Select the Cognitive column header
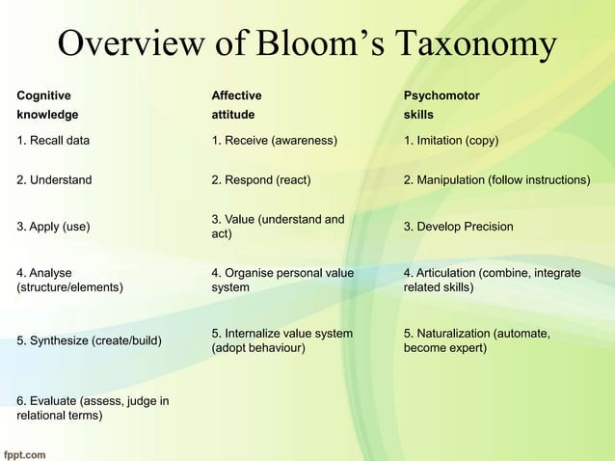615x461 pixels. pos(43,95)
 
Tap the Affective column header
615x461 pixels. pos(236,95)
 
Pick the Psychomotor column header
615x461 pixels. pos(441,95)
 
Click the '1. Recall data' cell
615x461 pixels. pos(54,141)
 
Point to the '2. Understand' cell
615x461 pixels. pos(55,179)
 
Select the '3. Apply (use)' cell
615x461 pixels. pos(54,227)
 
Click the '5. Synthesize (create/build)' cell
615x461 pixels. pos(89,340)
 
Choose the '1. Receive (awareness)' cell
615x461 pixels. pos(274,141)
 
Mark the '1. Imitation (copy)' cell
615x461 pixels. pos(451,141)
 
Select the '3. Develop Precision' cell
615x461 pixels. pos(458,227)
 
